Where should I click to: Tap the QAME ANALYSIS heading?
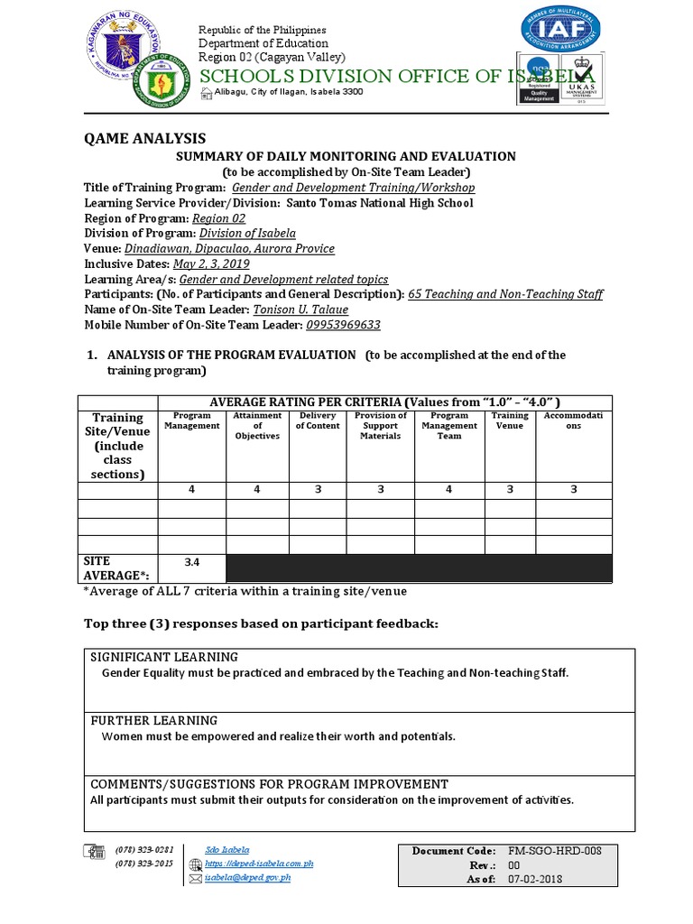[x=144, y=138]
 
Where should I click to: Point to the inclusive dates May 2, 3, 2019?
[x=211, y=263]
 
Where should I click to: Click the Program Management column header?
[x=191, y=420]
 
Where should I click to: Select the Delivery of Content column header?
[x=318, y=420]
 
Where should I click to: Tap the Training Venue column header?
[x=510, y=420]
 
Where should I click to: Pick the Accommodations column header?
[x=574, y=420]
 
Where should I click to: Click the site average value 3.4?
[x=191, y=562]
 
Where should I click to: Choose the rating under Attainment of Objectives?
[x=257, y=490]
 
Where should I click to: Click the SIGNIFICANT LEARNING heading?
[x=164, y=657]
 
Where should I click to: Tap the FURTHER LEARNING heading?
[x=153, y=720]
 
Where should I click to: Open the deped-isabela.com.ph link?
[x=259, y=864]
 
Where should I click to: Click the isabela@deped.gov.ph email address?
[x=247, y=877]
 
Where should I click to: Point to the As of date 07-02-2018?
[x=534, y=879]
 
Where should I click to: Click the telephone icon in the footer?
[x=94, y=850]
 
